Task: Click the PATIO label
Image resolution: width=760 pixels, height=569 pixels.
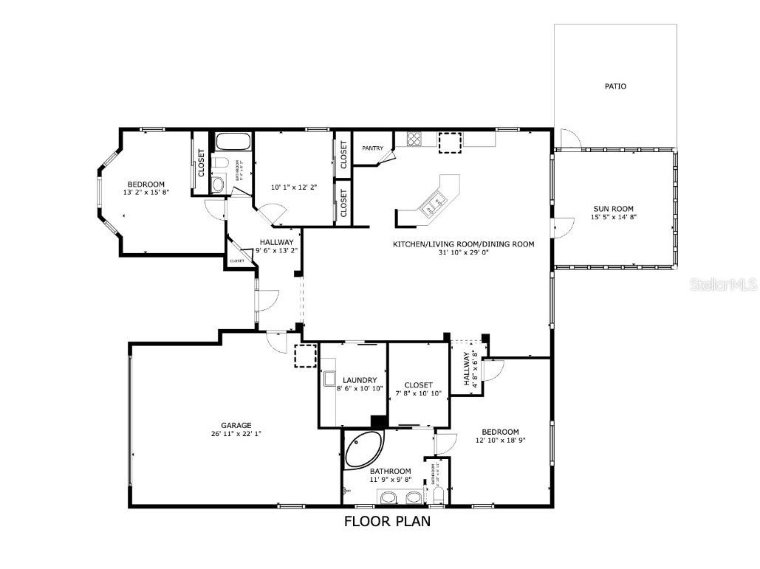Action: tap(615, 86)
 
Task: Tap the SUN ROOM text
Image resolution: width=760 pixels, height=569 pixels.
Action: tap(612, 209)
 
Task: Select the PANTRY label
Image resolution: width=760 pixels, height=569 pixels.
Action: tap(372, 148)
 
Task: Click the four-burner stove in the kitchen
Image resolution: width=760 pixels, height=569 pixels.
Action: tap(414, 138)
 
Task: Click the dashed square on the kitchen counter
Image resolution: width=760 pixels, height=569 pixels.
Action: tap(449, 142)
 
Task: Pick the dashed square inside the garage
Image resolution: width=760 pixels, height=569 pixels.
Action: tap(305, 355)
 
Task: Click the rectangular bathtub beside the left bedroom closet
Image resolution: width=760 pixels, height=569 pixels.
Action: tap(233, 142)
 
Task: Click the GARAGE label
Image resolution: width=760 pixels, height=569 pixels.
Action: tap(236, 425)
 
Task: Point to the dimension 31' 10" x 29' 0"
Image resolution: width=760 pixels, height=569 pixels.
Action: tap(463, 252)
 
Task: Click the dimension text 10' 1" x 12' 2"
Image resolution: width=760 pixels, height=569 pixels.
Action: tap(294, 187)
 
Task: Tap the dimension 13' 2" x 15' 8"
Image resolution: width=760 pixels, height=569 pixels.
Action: tap(146, 193)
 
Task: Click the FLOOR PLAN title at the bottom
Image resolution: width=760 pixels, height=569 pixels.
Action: tap(387, 521)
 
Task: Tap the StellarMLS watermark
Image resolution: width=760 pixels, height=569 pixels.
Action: tap(723, 284)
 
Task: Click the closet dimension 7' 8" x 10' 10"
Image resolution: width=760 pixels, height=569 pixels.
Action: tap(418, 393)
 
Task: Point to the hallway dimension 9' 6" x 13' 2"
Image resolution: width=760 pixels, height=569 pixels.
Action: tap(276, 250)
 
